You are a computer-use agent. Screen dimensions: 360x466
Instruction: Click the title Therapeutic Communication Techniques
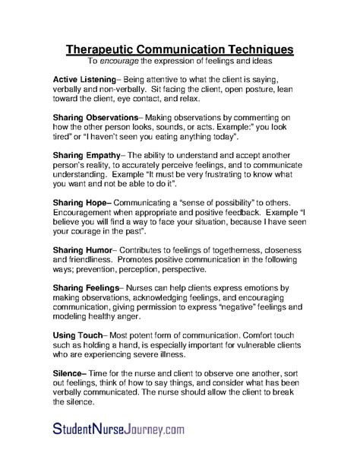click(x=180, y=49)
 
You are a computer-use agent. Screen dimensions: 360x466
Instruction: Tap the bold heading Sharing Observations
click(x=96, y=118)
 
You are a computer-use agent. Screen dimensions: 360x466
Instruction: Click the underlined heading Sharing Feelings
click(x=87, y=288)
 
